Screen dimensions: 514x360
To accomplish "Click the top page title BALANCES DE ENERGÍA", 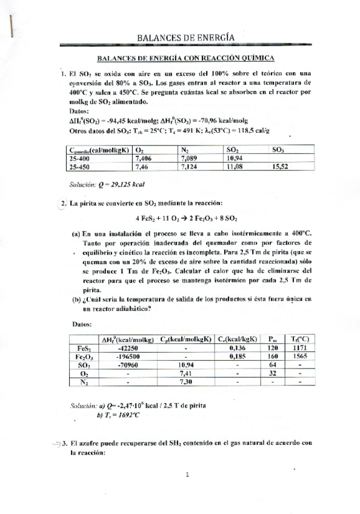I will [185, 38].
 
